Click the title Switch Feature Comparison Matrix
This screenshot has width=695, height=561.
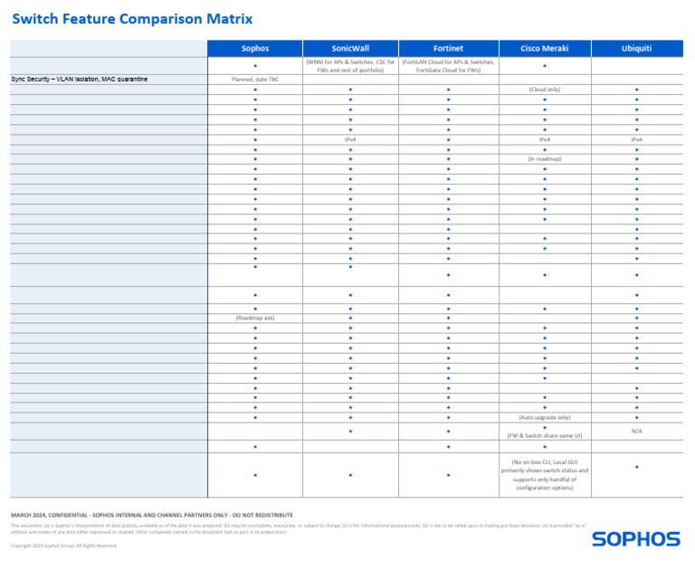point(132,19)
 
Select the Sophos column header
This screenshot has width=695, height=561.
point(255,48)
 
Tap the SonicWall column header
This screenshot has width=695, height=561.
point(349,48)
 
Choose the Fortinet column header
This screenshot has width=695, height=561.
point(448,48)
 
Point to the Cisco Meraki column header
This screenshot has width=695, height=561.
point(544,48)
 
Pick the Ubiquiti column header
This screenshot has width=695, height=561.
point(636,48)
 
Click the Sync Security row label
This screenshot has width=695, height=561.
point(80,80)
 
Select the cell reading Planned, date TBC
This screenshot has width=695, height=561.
point(255,80)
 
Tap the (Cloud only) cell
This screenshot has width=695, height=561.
point(544,90)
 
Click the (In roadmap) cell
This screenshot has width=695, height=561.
point(544,159)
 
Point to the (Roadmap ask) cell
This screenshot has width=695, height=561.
point(255,318)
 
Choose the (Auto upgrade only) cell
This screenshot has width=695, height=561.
point(544,417)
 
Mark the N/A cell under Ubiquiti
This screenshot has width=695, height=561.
point(636,432)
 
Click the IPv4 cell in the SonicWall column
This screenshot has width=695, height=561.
point(349,139)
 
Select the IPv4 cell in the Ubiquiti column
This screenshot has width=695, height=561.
point(636,139)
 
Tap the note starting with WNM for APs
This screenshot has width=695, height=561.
point(349,65)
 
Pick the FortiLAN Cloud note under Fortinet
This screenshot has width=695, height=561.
point(448,65)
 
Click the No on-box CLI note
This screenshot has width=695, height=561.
point(544,474)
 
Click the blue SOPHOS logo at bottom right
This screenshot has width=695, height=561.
point(635,539)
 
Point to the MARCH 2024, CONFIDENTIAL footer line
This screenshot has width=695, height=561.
point(152,515)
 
